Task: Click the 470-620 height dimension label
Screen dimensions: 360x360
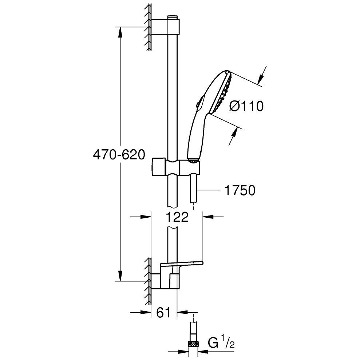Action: point(119,154)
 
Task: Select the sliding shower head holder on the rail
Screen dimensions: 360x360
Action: point(176,167)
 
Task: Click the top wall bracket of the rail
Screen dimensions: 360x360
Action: point(165,27)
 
